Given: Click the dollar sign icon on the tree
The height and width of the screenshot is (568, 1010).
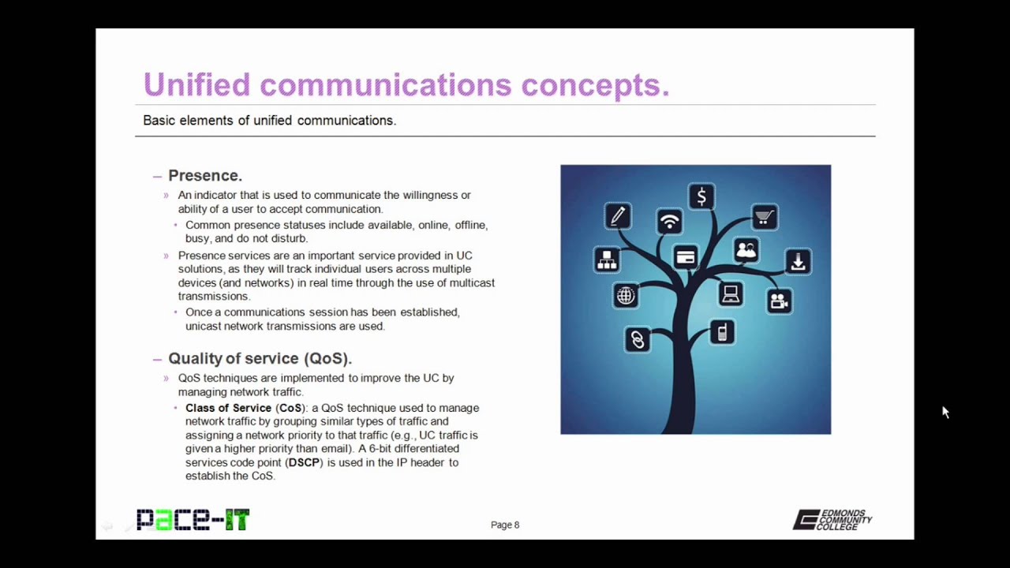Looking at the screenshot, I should coord(701,196).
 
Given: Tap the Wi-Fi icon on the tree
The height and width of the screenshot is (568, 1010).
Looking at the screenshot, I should coord(669,222).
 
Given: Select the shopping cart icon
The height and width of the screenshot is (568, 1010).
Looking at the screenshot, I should coord(764,217).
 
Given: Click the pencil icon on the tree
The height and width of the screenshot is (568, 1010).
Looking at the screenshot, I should coord(618,215).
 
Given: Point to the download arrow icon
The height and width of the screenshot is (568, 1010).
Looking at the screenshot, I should coord(798,262).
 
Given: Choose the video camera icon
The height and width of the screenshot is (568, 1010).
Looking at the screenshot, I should coord(779,301).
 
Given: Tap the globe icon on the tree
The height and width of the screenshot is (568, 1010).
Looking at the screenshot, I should coord(626,296).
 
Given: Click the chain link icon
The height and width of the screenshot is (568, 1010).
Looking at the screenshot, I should coord(637,340).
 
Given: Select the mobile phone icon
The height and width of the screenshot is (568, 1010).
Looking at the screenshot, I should coord(721,332).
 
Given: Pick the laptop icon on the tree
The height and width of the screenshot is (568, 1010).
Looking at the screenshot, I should coord(731,294).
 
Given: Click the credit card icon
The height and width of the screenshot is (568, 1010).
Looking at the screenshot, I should coord(686,257).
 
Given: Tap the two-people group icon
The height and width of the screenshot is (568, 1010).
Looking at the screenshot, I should coord(746,251).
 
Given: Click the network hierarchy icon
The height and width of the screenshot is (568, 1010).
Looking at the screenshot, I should coord(607,260).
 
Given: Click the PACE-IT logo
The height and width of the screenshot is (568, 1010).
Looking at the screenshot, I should coord(193,520).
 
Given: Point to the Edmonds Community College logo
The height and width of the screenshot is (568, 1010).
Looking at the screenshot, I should coord(832,520).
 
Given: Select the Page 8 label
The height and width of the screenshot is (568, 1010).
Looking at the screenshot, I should coord(505,525).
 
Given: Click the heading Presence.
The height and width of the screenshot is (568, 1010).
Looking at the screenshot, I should coord(204,176).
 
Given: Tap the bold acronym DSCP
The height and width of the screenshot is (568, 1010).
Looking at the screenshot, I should coord(304,462).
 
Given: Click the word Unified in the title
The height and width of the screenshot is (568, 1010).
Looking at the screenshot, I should coord(196,84).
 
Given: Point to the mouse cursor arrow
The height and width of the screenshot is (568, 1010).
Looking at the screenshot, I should coord(945,412).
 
